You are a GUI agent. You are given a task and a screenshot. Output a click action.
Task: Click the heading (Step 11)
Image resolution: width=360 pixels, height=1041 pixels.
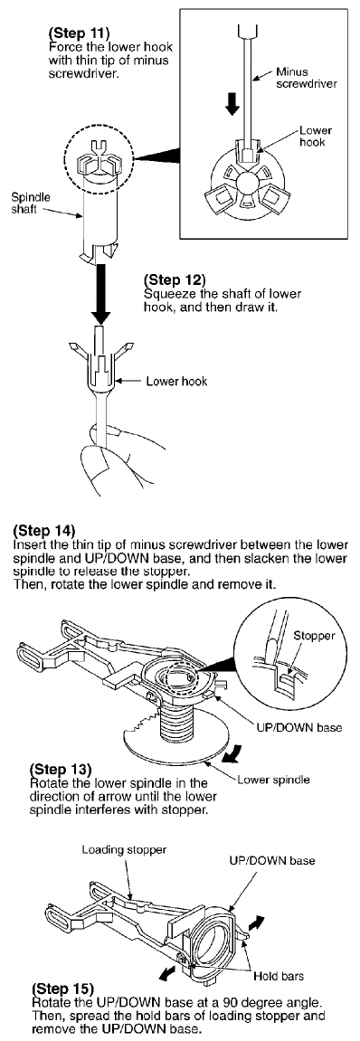click(x=72, y=32)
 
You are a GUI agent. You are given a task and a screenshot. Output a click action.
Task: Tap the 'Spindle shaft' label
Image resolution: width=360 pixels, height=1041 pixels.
click(x=25, y=203)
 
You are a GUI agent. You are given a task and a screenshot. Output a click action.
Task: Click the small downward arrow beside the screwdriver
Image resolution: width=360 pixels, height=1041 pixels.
click(x=232, y=103)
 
